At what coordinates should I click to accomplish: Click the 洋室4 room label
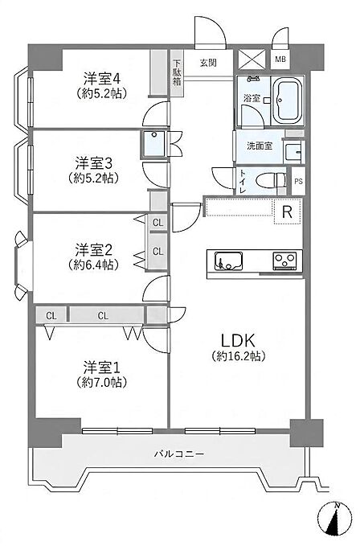click(x=102, y=79)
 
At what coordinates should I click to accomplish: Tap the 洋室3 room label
click(x=94, y=162)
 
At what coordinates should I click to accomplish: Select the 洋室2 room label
click(x=94, y=249)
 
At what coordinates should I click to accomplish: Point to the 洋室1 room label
click(x=101, y=367)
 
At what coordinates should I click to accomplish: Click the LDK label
click(x=239, y=340)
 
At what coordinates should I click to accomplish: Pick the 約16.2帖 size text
click(x=239, y=356)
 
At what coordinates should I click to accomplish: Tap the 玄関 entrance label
click(x=208, y=63)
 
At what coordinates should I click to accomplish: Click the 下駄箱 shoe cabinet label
click(x=178, y=73)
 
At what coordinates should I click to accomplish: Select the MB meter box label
click(x=280, y=60)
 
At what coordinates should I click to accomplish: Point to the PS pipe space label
click(x=298, y=182)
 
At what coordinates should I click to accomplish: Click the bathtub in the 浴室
click(x=288, y=101)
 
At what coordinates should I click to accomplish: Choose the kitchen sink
click(x=228, y=261)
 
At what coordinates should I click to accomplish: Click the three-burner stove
click(x=285, y=260)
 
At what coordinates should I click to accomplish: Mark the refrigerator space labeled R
click(x=288, y=211)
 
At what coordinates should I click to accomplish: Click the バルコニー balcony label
click(x=179, y=454)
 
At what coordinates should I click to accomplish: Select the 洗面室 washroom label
click(x=260, y=146)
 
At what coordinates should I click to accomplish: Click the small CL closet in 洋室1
click(x=51, y=315)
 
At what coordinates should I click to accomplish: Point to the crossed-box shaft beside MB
click(x=252, y=60)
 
